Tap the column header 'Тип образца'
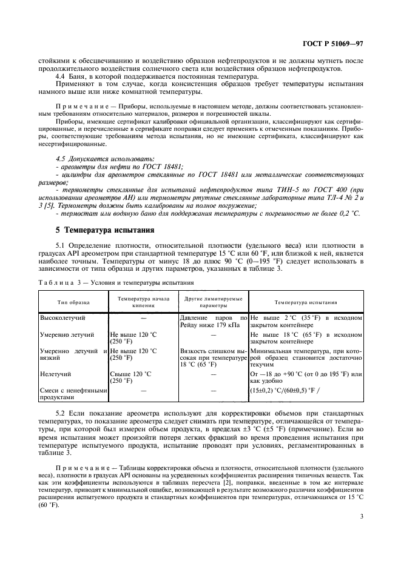pyautogui.click(x=73, y=302)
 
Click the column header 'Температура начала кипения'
pyautogui.click(x=143, y=302)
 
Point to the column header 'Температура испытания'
pyautogui.click(x=306, y=302)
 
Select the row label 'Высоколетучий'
pyautogui.click(x=62, y=317)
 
